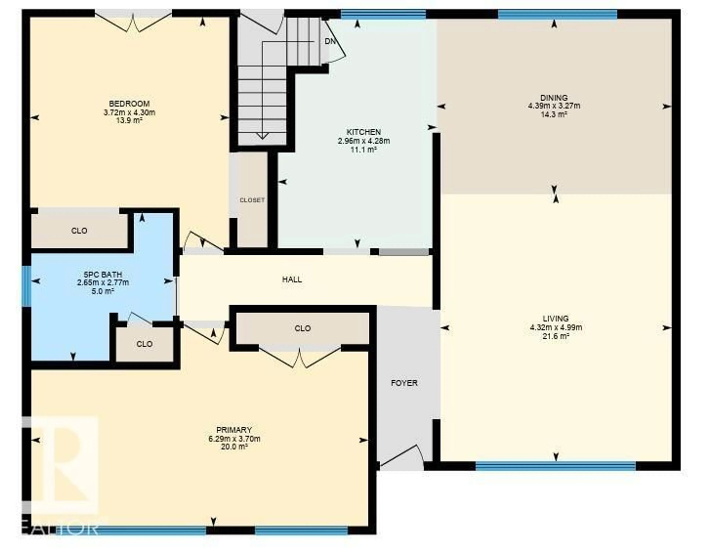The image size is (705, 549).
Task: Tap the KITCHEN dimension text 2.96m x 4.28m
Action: pos(364,141)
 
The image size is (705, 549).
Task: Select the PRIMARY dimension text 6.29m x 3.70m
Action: pos(234,439)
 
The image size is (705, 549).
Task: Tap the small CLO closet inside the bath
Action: pos(144,344)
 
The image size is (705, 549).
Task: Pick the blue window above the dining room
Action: pos(557,14)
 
